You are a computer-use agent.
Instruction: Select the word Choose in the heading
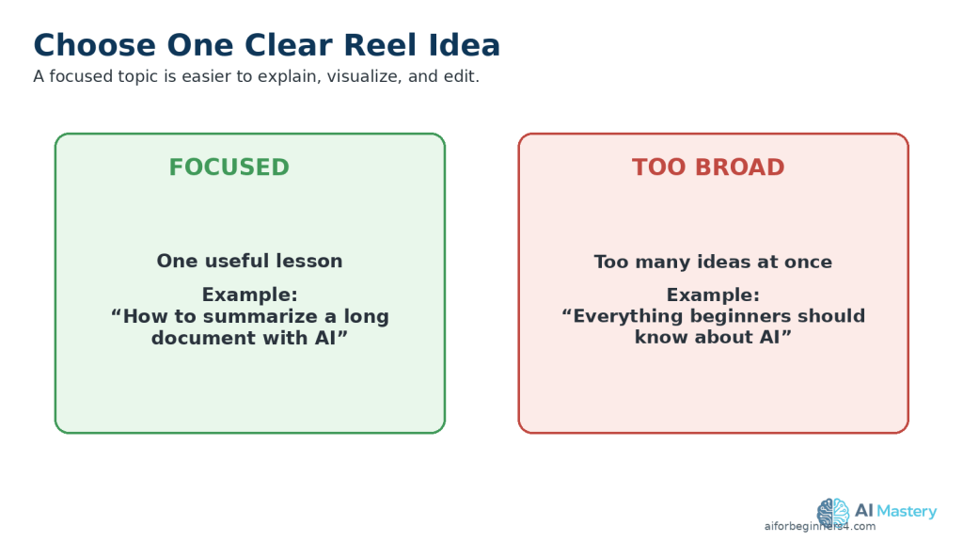pos(95,45)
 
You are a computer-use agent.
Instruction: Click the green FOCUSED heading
pos(229,167)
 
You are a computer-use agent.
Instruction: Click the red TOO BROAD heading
pos(708,167)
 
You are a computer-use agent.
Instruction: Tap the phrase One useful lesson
pos(249,261)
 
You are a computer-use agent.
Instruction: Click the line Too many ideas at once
pos(713,262)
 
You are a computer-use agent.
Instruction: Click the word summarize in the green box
pos(260,316)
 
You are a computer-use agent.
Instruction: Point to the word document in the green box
pos(204,338)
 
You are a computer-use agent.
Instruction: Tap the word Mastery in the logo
pos(908,511)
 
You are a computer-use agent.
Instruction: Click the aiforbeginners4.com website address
pos(820,527)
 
